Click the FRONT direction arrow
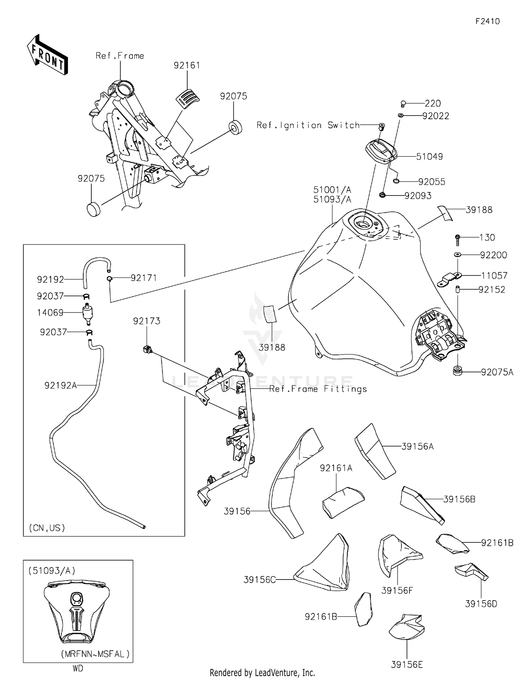coord(47,55)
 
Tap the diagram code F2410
coord(488,21)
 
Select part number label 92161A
coord(336,468)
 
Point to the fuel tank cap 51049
coord(381,151)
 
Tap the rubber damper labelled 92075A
coord(457,371)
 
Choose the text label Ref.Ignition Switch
coord(308,125)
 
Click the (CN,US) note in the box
coord(47,528)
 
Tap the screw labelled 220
coord(403,104)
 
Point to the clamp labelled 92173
coord(148,349)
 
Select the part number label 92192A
coord(61,385)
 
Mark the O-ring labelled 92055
coord(396,181)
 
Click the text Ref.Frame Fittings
coord(318,389)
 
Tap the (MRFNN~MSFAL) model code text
coord(96,654)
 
